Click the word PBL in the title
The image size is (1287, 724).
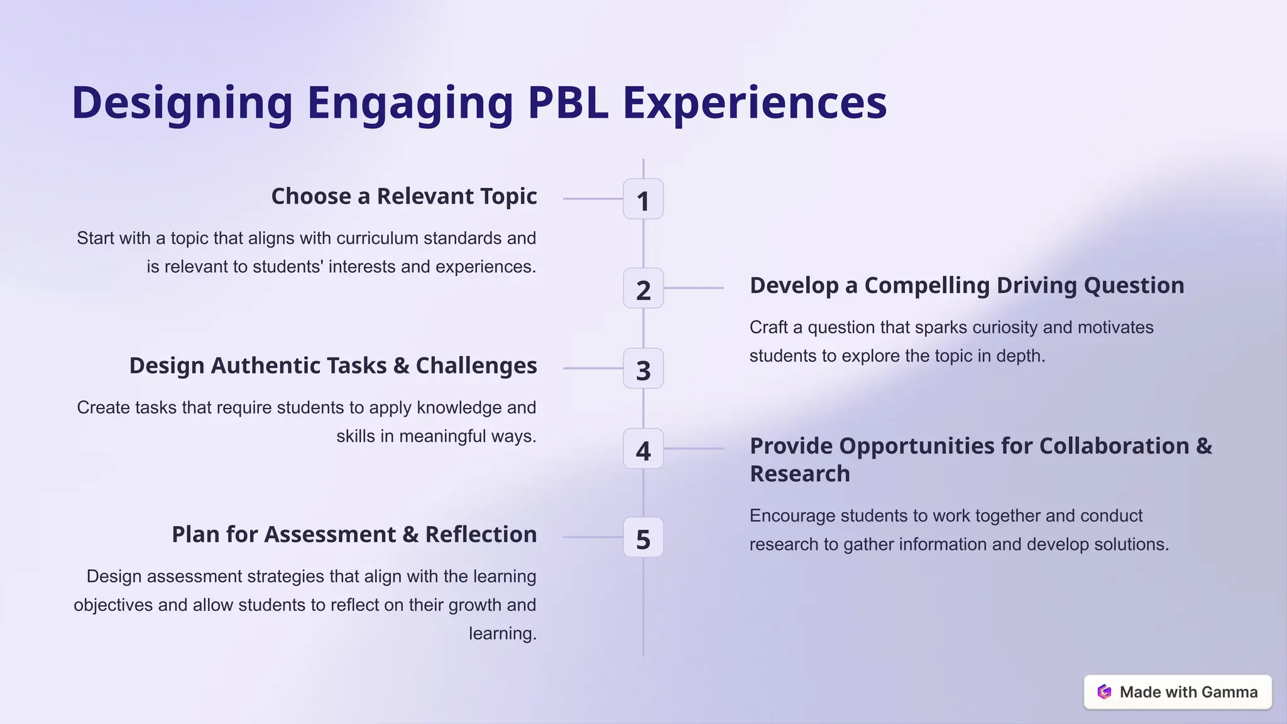567,102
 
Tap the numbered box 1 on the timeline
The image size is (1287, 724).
643,199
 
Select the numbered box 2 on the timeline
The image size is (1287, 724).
643,288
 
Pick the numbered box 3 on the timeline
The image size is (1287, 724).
643,369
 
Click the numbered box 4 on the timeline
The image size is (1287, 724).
643,449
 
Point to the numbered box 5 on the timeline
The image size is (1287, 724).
643,538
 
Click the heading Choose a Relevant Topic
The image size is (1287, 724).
403,196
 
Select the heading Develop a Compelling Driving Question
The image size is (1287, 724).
967,285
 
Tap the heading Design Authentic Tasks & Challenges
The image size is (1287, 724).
333,366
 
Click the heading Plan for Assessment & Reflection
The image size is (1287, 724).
354,534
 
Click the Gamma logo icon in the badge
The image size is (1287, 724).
1104,692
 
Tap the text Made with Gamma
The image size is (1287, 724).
1188,692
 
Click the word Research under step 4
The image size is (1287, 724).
799,474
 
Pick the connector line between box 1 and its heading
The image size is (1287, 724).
592,199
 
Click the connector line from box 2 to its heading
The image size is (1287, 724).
694,288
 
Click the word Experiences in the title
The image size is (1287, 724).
754,102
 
